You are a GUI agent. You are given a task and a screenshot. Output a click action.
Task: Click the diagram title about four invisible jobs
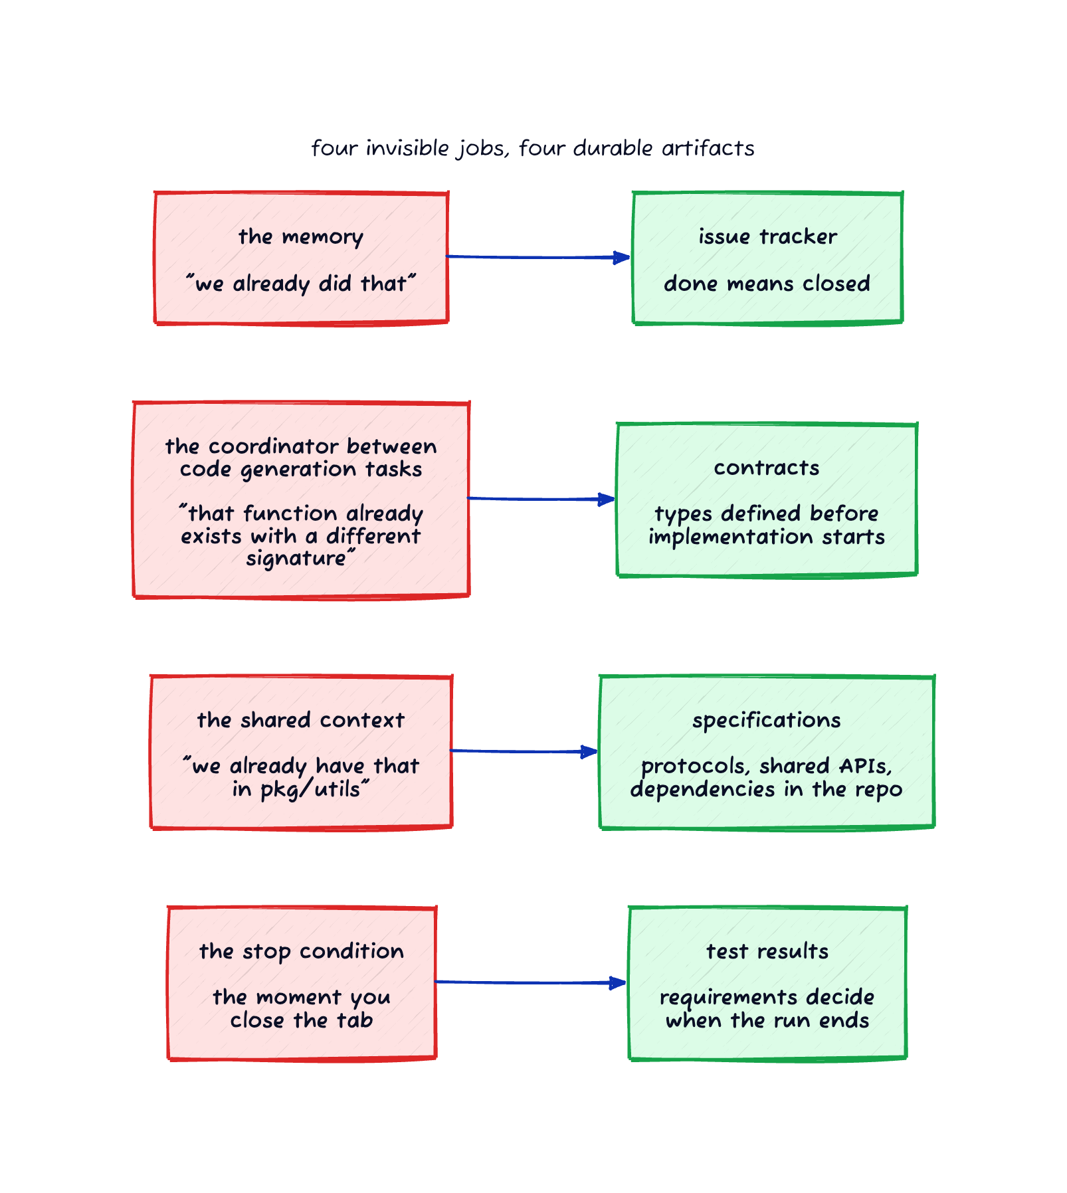coord(533,148)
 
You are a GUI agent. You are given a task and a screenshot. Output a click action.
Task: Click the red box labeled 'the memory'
coord(301,258)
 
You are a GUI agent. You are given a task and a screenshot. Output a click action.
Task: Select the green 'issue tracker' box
coord(767,258)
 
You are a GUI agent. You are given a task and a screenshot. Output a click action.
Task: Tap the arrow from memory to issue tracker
coord(538,257)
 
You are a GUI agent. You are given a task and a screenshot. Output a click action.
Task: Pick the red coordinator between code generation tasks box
coord(301,500)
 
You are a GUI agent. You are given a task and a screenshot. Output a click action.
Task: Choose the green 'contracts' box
coord(767,500)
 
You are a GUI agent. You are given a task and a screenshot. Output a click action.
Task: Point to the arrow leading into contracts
coord(541,498)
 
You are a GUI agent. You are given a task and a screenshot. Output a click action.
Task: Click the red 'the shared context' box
coord(301,752)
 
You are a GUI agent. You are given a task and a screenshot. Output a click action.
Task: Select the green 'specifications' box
coord(767,752)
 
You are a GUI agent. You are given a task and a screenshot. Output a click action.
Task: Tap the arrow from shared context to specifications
coord(524,751)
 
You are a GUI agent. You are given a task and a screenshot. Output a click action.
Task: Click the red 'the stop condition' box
coord(302,983)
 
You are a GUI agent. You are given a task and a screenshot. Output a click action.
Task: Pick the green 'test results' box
coord(767,983)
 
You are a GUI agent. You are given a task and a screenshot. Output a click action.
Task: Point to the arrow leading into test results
coord(531,982)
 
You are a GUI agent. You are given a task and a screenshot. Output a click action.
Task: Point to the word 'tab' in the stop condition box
coord(352,1020)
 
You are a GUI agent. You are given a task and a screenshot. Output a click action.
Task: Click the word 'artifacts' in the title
coord(708,148)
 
